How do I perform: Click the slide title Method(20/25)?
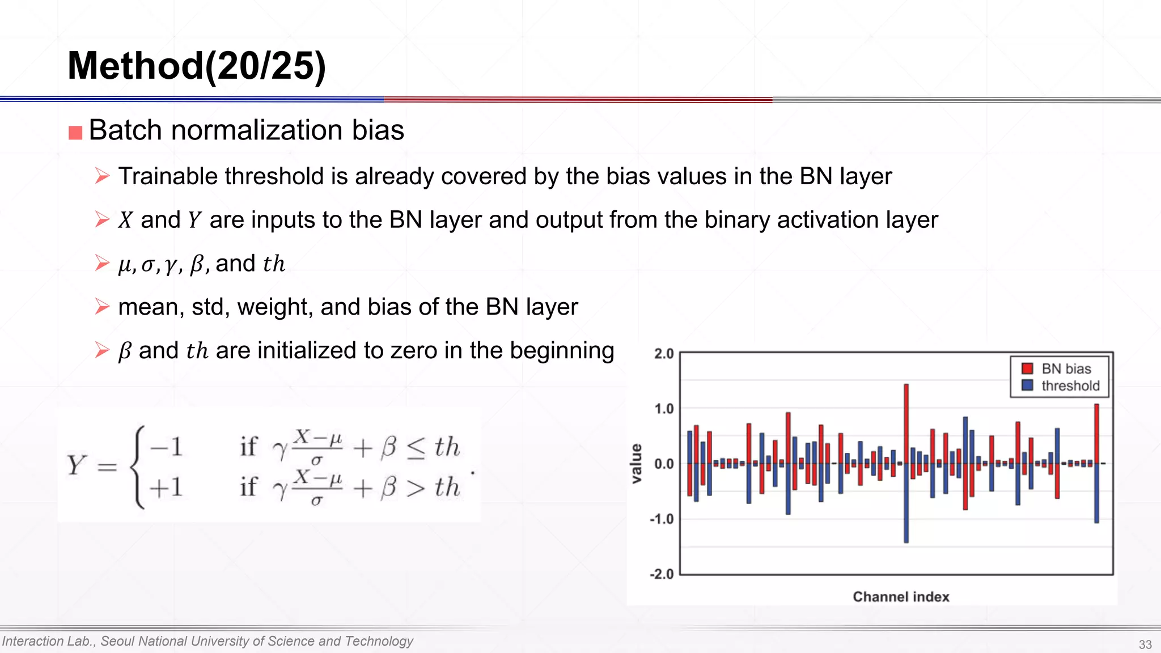[196, 66]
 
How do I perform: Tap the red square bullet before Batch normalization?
[75, 133]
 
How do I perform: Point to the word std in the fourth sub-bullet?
[207, 307]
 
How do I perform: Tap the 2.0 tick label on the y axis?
[664, 354]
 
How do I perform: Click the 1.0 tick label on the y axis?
[664, 409]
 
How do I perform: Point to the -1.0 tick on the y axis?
[662, 519]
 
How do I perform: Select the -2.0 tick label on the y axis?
[662, 574]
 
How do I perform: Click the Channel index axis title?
[901, 597]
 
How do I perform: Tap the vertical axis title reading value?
[637, 464]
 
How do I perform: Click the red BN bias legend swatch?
[1027, 368]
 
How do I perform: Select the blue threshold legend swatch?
[1027, 385]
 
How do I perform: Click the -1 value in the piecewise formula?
[166, 447]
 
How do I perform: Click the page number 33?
[1145, 644]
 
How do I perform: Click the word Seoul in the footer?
[118, 641]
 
